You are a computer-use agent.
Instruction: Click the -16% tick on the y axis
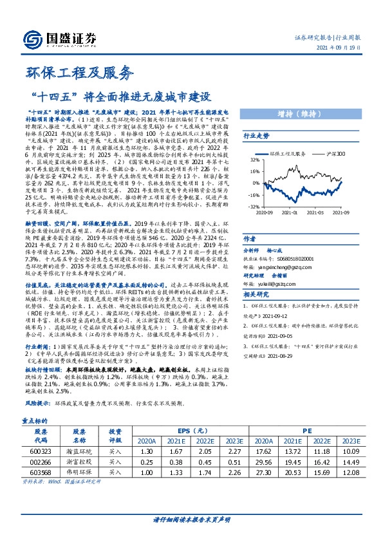(x=254, y=195)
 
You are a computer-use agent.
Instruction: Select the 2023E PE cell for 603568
(x=350, y=472)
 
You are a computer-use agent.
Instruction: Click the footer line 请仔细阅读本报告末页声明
(x=191, y=520)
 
